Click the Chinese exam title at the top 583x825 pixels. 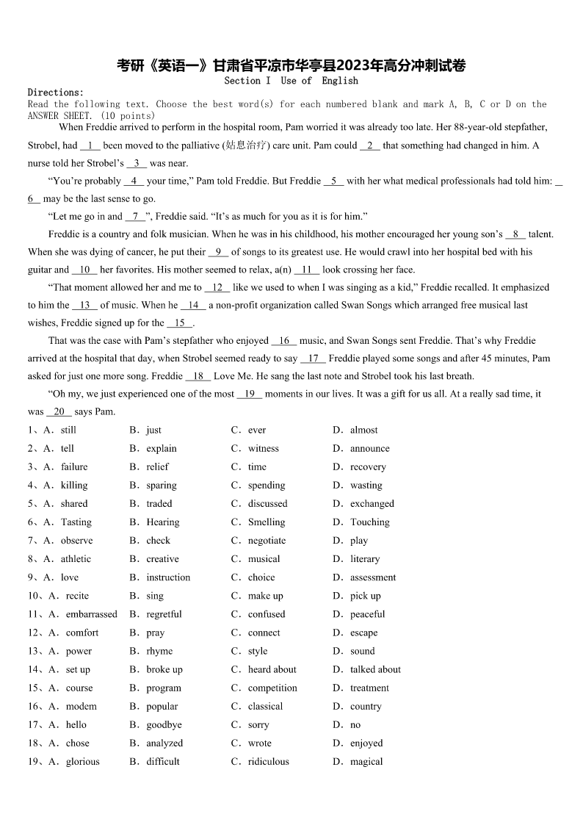(291, 65)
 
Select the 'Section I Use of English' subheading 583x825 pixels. (291, 81)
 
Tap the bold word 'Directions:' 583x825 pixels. (56, 93)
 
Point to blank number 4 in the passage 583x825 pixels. (134, 181)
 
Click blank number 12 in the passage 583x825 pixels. (217, 288)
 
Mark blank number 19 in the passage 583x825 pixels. (250, 395)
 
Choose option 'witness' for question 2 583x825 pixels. (263, 449)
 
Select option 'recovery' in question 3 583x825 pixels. (368, 467)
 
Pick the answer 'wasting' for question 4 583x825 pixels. (366, 486)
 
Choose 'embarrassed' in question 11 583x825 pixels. (91, 614)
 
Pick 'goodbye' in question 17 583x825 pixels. (164, 724)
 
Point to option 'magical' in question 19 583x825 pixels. (366, 762)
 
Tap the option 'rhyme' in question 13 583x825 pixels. (159, 651)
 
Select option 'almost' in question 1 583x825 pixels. (363, 430)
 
